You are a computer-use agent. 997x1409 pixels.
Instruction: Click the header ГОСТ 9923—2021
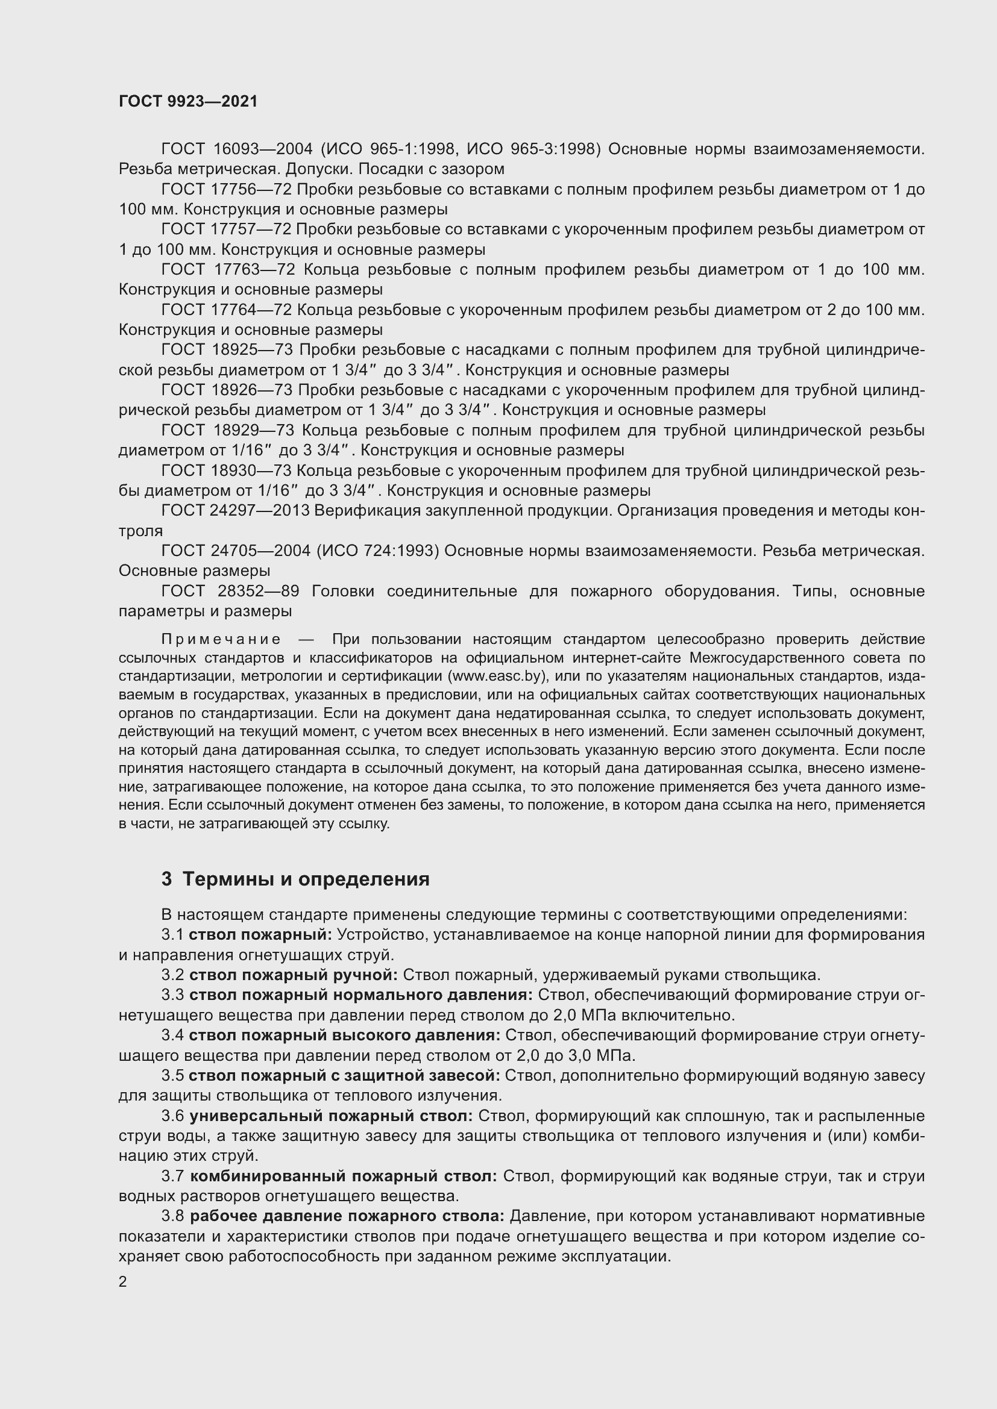(188, 101)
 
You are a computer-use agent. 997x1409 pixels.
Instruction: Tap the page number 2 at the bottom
(123, 1282)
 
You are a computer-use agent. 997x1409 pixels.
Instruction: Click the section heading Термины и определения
(306, 879)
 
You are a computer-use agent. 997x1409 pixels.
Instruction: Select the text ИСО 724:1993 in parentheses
(377, 551)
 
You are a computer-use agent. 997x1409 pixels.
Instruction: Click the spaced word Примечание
(221, 640)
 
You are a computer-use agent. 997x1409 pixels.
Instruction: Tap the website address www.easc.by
(497, 676)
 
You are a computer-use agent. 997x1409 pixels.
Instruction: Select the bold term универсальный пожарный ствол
(331, 1116)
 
